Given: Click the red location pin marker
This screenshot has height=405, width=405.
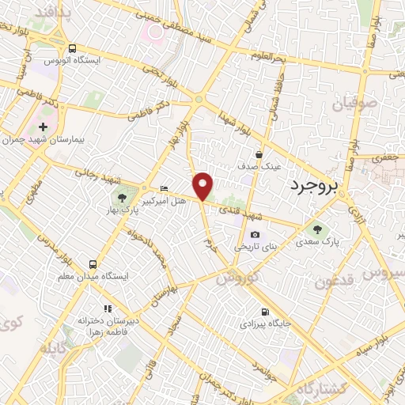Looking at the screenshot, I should [x=203, y=185].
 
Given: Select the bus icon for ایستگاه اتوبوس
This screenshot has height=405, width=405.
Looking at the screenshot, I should [x=73, y=48].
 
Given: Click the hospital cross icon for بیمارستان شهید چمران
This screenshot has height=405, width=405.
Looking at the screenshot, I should [x=43, y=127].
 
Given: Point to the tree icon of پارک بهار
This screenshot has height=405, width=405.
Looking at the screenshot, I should [x=122, y=197].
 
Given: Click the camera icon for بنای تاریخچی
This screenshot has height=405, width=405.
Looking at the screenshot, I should [x=255, y=234].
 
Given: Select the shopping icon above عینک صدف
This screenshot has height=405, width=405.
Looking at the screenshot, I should [x=259, y=155].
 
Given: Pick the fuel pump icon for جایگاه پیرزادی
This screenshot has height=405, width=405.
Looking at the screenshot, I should [x=264, y=312].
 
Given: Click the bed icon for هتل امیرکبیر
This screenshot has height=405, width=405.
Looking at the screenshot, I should [x=164, y=188].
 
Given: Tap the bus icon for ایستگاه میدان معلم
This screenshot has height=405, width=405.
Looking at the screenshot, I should [x=93, y=264].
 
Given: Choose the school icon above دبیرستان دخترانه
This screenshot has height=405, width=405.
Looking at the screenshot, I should [x=108, y=308].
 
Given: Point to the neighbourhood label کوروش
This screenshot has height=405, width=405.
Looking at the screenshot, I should [x=236, y=278].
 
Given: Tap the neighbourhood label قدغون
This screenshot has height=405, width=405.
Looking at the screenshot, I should [x=331, y=282].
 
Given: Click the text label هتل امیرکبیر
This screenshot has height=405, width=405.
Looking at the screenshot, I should [x=164, y=202].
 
